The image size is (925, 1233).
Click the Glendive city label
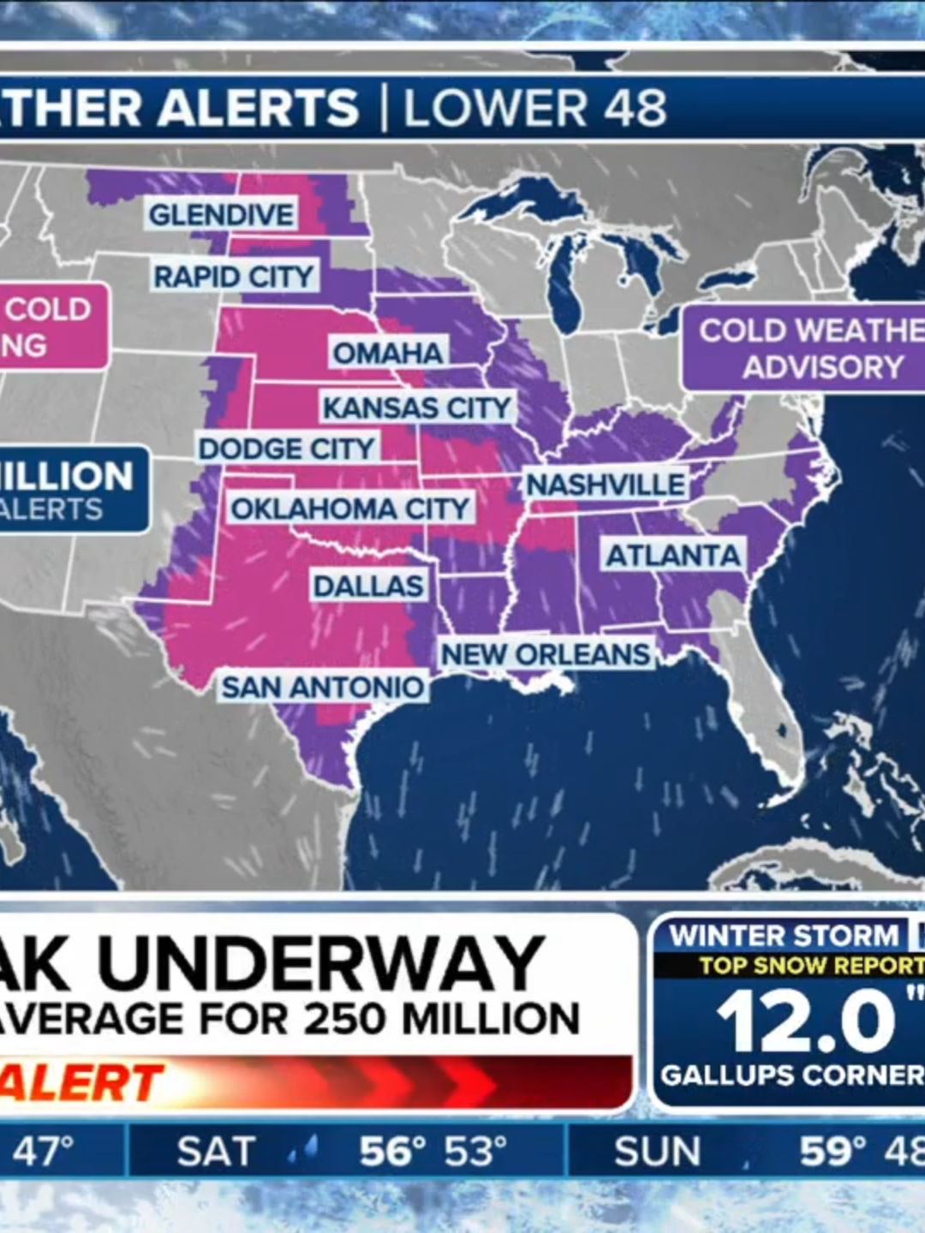coord(221,214)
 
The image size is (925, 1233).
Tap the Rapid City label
coord(234,277)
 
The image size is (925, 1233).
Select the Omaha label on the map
coord(388,353)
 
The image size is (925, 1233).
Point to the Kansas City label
coord(417,408)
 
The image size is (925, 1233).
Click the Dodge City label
coord(287,449)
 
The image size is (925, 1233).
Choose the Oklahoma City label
coord(350,509)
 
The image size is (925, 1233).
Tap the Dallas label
coord(368,587)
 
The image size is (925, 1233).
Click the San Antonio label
coord(322,687)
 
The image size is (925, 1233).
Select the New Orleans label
coord(546,654)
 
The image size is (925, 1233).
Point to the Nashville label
coord(606,485)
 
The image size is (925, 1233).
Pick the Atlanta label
coord(673,556)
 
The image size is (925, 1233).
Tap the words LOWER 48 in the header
coord(534,109)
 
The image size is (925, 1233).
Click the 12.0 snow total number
coord(805,1021)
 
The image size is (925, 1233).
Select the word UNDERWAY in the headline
coord(321,962)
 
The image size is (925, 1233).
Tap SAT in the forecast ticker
coord(216,1152)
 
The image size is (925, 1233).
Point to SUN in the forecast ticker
coord(657,1152)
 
